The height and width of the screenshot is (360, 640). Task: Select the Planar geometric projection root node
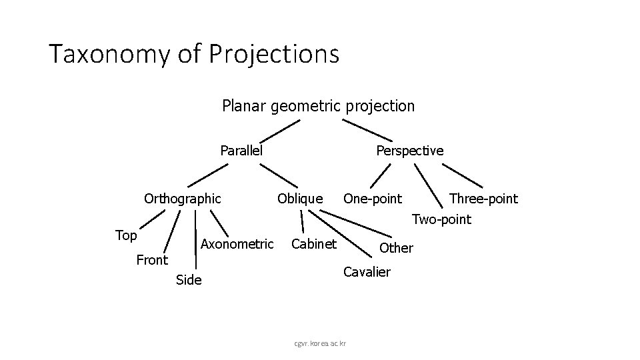tap(318, 106)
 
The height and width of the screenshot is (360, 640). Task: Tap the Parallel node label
tap(241, 151)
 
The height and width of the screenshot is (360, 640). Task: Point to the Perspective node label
tap(409, 151)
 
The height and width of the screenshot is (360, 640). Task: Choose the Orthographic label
tap(182, 199)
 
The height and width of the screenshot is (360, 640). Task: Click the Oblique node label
tap(299, 199)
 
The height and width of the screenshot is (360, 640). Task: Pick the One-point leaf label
tap(372, 199)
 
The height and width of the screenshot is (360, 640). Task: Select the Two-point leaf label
tap(441, 219)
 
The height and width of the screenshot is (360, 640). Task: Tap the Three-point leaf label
tap(483, 199)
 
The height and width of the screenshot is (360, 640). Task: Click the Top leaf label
tap(126, 235)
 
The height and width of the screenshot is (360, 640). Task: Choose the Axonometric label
tap(237, 245)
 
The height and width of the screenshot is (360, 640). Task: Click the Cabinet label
tap(314, 245)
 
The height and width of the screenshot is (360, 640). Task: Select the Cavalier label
tap(366, 272)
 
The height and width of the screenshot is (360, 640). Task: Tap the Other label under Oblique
tap(396, 248)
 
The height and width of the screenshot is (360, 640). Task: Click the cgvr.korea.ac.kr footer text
tap(320, 343)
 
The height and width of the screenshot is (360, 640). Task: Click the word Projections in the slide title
tap(274, 54)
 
